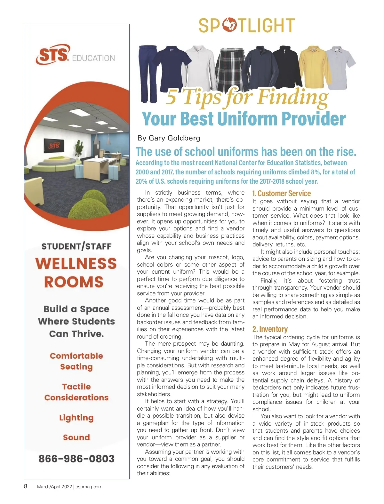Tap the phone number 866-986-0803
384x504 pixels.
(x=76, y=459)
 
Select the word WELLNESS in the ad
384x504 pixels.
(x=76, y=264)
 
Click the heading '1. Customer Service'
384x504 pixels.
(x=281, y=193)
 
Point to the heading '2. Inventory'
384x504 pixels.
(x=270, y=329)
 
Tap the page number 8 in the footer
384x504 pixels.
(x=26, y=486)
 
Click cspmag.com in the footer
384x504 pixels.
(x=89, y=487)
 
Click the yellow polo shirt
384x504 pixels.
(x=314, y=67)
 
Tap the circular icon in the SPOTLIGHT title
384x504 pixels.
(x=229, y=25)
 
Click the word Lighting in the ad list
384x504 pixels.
(x=76, y=418)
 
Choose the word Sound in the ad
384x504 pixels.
(x=76, y=437)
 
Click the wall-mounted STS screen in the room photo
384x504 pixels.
(x=54, y=146)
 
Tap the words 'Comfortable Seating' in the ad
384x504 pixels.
(x=76, y=361)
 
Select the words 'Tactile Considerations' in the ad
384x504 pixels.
(x=76, y=392)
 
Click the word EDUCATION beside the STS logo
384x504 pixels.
(x=93, y=58)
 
